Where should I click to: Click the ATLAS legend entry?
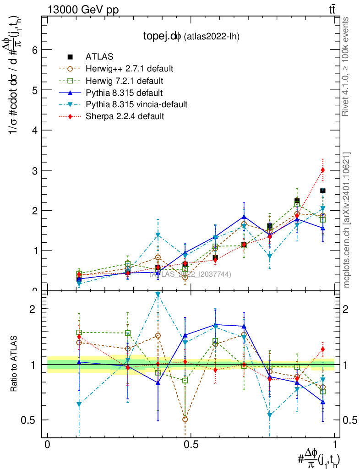tap(99, 57)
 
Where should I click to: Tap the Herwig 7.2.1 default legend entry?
tap(125, 81)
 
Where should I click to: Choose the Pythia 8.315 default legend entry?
tap(125, 93)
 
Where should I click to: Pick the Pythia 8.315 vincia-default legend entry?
tap(136, 104)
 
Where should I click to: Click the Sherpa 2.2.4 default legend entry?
tap(125, 116)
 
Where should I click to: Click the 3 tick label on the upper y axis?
tap(34, 170)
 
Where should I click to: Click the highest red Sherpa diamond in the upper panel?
tap(323, 170)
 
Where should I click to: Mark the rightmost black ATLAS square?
tap(323, 191)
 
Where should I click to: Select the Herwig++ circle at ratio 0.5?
tap(185, 419)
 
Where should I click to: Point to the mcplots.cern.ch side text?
tap(347, 220)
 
